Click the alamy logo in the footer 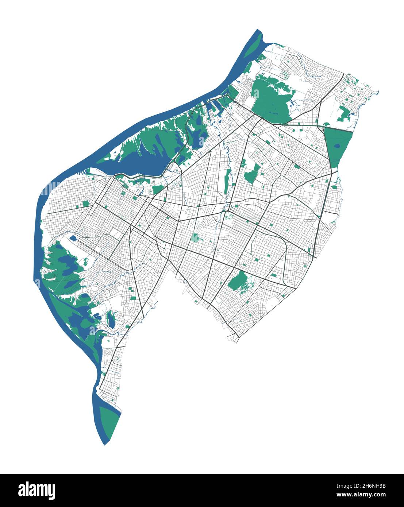coord(36,490)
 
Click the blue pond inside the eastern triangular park coord(336,147)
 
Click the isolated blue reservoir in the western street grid coord(73,239)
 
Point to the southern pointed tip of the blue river coord(105,443)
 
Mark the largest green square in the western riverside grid coord(86,204)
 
